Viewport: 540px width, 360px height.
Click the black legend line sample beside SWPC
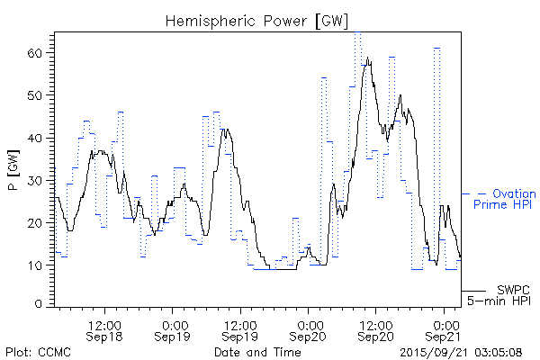tap(473, 292)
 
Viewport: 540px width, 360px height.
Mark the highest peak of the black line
tap(367, 58)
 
